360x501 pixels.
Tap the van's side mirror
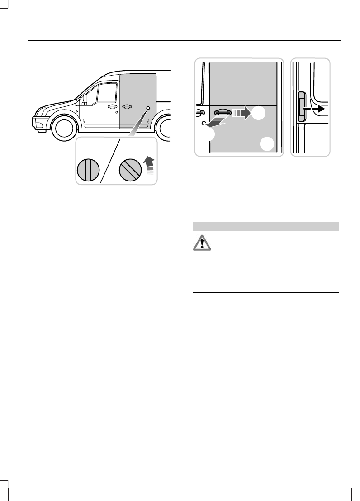(85, 99)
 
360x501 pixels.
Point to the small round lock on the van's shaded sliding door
(147, 109)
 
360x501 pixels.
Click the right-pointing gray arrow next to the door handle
(240, 112)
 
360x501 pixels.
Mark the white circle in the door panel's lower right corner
(267, 144)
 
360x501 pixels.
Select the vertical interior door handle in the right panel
(302, 106)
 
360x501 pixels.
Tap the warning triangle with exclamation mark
(199, 244)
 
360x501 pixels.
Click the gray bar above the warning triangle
(265, 226)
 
